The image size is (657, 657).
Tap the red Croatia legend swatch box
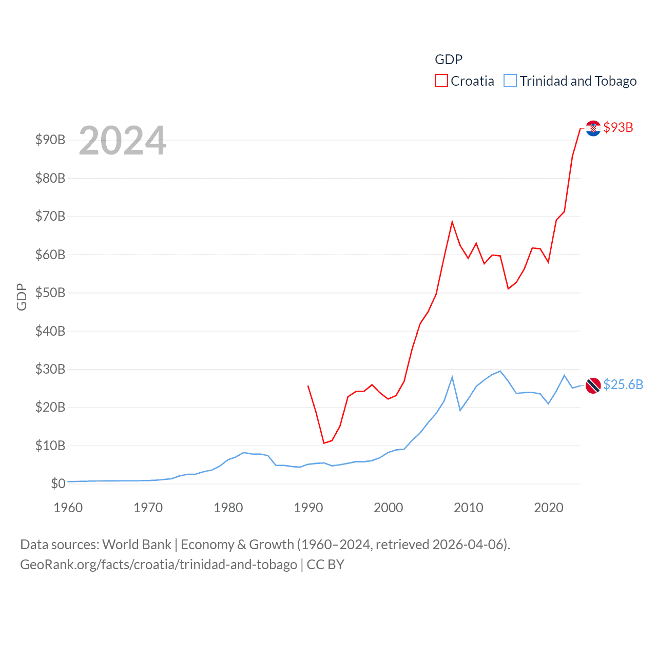441,81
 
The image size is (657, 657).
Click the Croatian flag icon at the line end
593,128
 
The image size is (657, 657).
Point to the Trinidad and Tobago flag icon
593,385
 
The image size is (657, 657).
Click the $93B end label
618,127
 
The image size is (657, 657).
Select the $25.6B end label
623,384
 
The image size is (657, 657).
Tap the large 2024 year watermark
122,141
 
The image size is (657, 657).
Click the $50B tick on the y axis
50,293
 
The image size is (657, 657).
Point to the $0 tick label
58,484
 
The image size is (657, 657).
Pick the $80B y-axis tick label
50,178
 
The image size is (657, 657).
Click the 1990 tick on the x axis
308,508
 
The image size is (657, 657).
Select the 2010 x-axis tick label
468,508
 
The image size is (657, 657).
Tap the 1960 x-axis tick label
68,508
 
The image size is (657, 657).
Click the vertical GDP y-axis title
22,297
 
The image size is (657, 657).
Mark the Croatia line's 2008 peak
452,222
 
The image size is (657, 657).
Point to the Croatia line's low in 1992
324,442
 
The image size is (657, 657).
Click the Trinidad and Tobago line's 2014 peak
500,371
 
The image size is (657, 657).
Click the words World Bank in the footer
137,544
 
